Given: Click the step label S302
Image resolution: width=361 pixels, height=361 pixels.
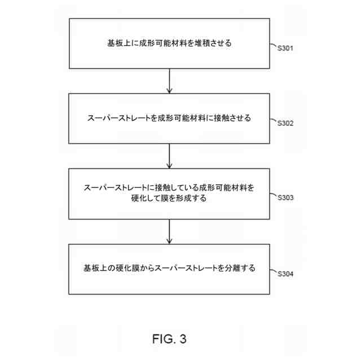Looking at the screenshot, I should pyautogui.click(x=286, y=123).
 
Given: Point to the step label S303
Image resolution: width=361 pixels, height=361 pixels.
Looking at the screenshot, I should pyautogui.click(x=286, y=198).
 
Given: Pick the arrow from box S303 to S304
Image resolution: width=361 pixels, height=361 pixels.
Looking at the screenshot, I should pyautogui.click(x=169, y=231).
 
